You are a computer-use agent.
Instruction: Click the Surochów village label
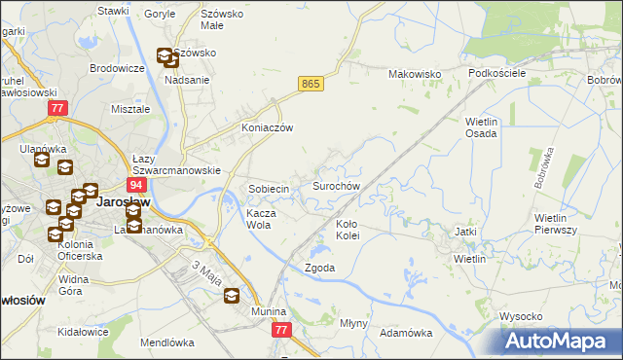tap(337, 185)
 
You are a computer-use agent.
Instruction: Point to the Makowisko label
tap(416, 74)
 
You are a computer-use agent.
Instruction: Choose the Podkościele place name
tap(496, 74)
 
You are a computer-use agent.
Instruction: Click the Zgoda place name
tap(320, 268)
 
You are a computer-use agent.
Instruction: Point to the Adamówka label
tap(406, 333)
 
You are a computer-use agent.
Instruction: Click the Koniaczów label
tap(268, 127)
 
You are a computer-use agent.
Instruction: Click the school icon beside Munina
tap(233, 297)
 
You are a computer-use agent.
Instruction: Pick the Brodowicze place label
tap(118, 68)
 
